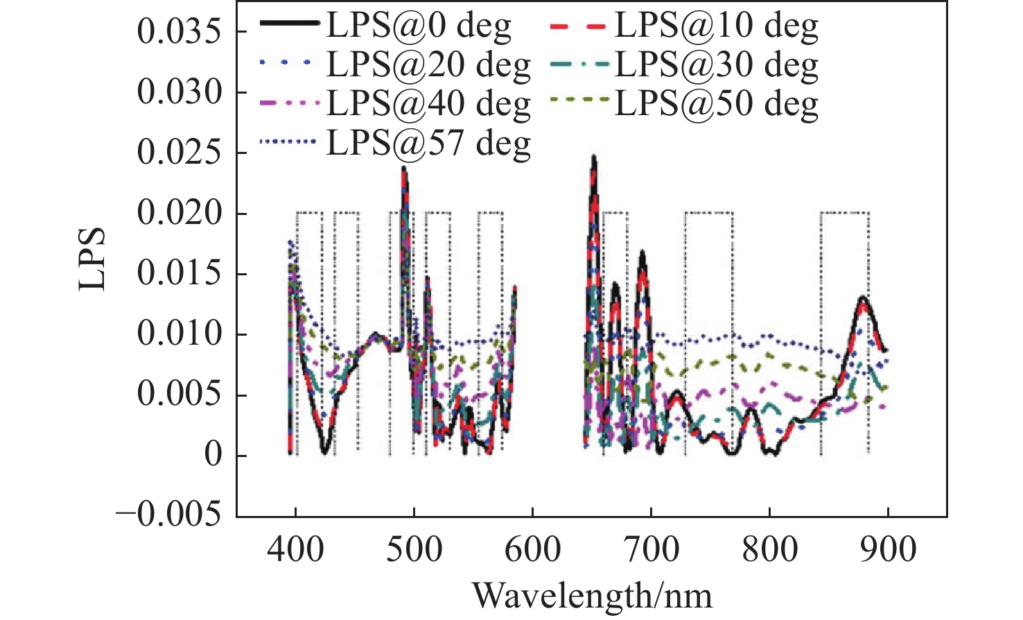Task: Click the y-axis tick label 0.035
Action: [x=179, y=32]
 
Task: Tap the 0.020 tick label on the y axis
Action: [x=179, y=214]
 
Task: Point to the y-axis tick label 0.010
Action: [x=179, y=334]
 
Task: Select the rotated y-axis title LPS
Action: [x=92, y=259]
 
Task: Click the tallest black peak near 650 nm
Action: [x=594, y=157]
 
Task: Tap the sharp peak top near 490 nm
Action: [x=404, y=167]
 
